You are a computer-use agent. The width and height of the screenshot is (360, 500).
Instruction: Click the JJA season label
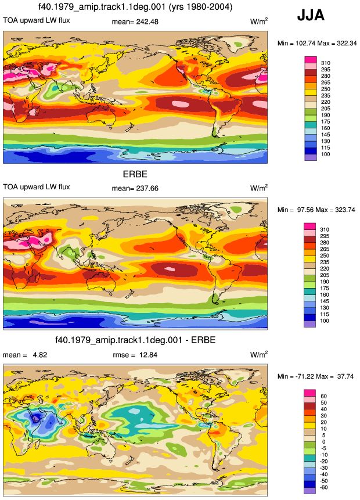(311, 15)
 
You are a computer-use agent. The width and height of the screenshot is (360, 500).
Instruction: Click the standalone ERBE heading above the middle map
(135, 174)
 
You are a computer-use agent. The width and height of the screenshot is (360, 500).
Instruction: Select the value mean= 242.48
(135, 21)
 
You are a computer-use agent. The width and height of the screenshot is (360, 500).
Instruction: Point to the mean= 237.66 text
(135, 188)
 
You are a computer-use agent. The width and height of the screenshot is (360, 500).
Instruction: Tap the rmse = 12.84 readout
(135, 355)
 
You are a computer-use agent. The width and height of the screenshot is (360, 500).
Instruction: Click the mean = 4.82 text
(25, 355)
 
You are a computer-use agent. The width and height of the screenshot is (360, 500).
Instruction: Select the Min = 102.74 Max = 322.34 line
(317, 44)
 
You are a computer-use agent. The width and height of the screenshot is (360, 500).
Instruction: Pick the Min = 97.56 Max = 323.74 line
(316, 210)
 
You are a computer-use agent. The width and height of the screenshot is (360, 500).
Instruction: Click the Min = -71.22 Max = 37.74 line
(315, 376)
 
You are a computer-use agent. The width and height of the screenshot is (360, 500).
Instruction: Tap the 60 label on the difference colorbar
(323, 396)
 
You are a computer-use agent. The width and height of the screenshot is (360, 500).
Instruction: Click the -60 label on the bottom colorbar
(323, 487)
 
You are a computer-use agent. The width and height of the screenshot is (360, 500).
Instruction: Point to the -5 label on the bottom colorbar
(323, 448)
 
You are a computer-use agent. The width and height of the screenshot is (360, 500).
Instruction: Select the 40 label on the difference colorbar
(323, 409)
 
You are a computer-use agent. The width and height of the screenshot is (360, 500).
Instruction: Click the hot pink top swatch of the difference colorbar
(309, 393)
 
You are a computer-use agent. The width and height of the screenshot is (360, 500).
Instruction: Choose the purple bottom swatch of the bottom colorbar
(309, 491)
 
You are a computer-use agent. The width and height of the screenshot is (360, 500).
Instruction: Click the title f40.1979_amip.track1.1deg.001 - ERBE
(135, 340)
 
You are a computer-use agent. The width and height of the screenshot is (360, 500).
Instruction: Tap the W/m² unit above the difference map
(258, 354)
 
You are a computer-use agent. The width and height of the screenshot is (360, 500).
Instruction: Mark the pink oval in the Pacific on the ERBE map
(170, 269)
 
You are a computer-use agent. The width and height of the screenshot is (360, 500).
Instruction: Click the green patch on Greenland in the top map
(237, 44)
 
